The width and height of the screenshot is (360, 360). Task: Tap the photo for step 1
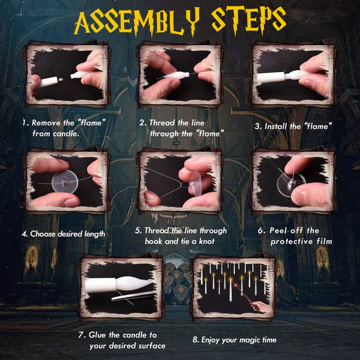[x=67, y=75]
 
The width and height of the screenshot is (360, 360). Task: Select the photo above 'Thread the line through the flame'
[x=180, y=75]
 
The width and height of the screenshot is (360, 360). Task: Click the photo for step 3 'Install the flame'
[x=293, y=75]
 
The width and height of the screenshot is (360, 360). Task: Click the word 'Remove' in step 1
[x=46, y=123]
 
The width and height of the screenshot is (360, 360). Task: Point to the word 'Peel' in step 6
[x=281, y=231]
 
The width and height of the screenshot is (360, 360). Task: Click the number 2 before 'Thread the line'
[x=142, y=123]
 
